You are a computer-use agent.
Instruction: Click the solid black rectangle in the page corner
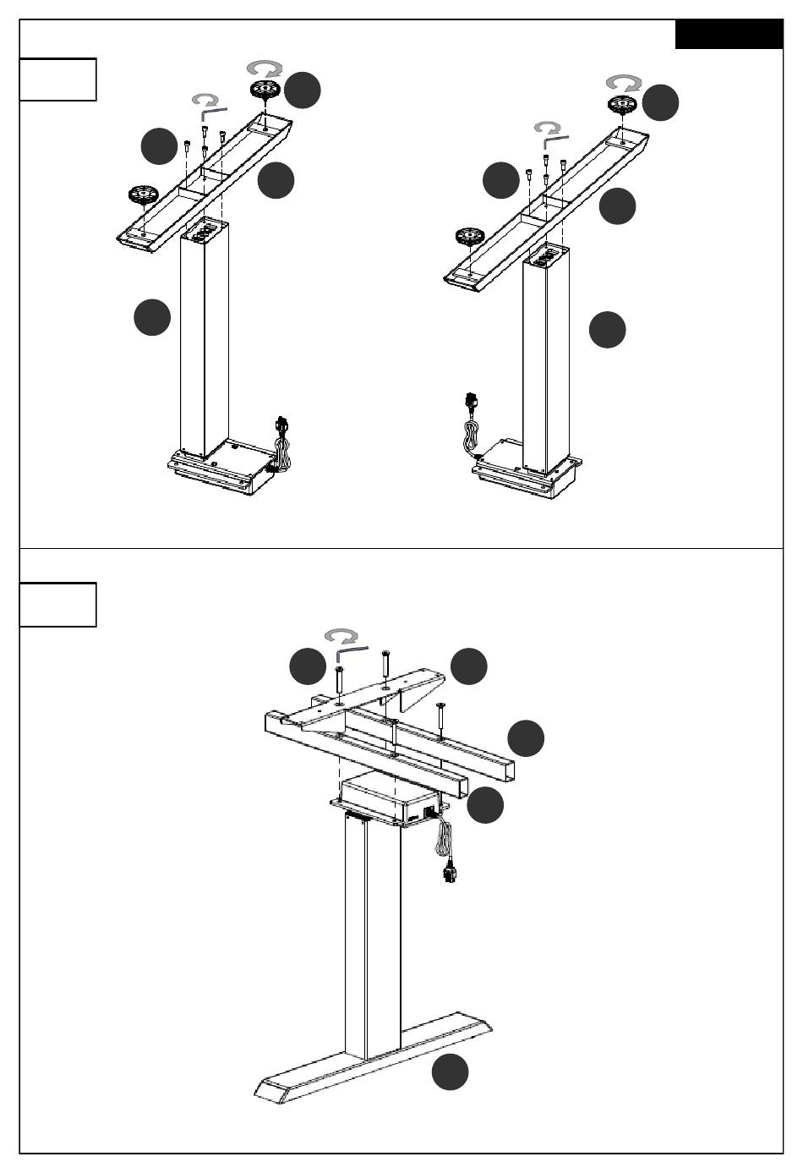(x=729, y=35)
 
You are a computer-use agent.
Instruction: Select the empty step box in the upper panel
(x=57, y=79)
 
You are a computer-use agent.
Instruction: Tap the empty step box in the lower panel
(x=57, y=604)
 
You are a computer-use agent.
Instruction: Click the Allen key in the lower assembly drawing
(x=350, y=651)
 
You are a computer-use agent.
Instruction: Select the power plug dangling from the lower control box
(x=447, y=870)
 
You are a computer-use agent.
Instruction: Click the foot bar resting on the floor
(x=372, y=1057)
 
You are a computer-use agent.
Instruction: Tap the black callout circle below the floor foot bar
(x=451, y=1072)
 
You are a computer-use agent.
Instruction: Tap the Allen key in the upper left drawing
(x=212, y=111)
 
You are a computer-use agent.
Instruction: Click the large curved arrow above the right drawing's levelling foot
(x=624, y=83)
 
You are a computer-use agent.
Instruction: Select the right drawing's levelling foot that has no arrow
(x=472, y=238)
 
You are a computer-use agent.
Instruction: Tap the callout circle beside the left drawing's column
(x=152, y=318)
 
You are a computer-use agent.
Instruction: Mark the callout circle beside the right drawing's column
(x=607, y=329)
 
